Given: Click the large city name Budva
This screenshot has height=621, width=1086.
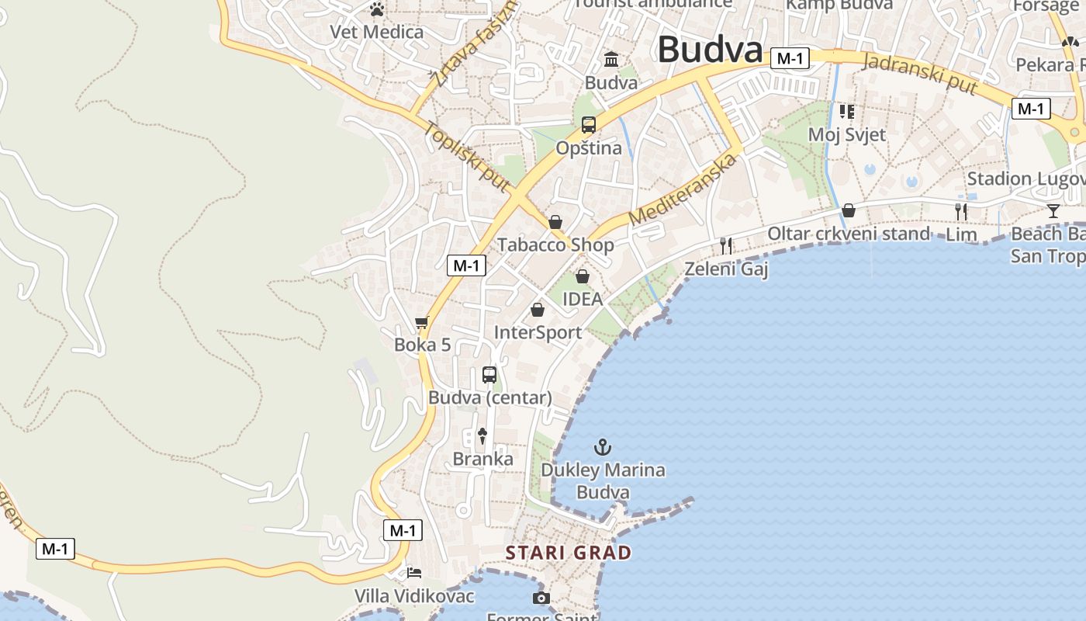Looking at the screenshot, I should coord(710,50).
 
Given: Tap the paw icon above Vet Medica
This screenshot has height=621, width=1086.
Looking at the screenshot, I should coord(377,10).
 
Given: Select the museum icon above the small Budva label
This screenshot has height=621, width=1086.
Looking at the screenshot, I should coord(611,59).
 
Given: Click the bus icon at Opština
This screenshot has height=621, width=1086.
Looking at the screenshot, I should coord(589,124).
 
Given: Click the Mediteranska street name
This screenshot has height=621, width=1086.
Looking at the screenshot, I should coord(682,190).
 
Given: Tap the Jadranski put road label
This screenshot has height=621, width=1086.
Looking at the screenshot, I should coord(919,74).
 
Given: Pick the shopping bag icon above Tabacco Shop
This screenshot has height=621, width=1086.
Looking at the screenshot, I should coord(555,222).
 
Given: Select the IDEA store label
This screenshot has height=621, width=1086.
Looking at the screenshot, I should coord(583,299).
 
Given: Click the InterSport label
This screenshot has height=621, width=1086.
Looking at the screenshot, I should coord(538,332).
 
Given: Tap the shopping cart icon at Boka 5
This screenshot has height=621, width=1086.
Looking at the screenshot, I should coord(422,322).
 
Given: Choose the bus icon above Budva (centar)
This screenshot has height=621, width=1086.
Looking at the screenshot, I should coord(489,375).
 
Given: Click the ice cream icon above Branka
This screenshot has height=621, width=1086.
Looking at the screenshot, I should coord(482,435).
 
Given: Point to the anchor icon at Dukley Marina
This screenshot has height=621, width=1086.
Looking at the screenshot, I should coord(602,447).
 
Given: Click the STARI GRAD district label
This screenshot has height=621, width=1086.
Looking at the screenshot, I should coord(568,553).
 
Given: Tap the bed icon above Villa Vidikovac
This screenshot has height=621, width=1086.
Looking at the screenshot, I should coord(414,573).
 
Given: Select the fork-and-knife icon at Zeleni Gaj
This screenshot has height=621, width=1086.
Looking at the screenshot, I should coord(726,246).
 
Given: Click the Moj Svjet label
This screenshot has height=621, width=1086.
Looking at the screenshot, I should coord(847,134).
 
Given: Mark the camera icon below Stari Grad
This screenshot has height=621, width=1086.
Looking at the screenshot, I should coord(541,598).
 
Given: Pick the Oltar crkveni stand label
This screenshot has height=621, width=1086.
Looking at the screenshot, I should coord(849,234).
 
